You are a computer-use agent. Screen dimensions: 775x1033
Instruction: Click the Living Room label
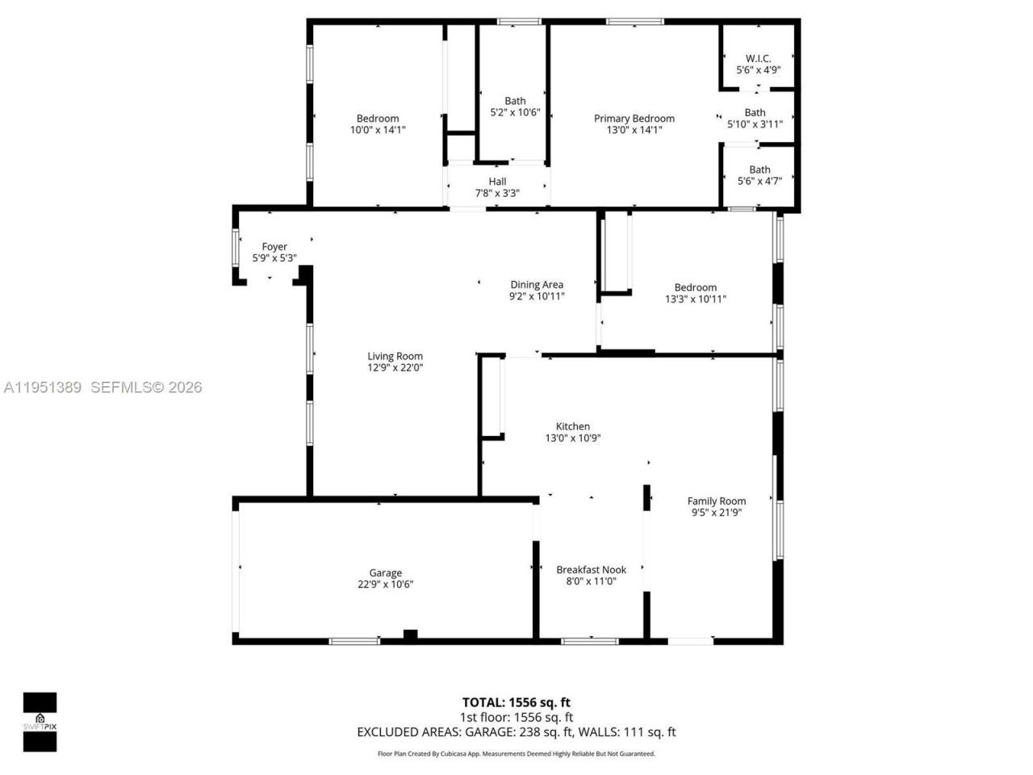395,356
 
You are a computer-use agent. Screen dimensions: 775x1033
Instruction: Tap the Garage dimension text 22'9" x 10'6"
386,584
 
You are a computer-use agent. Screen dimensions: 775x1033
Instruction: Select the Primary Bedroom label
634,119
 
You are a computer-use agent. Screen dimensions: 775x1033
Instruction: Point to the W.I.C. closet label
758,59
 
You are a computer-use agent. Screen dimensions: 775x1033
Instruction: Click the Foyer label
274,247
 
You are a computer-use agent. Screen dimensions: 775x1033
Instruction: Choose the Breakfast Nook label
591,570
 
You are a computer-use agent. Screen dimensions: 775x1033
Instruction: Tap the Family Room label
716,501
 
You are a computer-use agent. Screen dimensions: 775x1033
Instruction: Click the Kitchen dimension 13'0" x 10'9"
573,438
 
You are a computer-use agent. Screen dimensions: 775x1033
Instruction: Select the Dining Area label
537,285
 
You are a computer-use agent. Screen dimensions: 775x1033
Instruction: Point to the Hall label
497,182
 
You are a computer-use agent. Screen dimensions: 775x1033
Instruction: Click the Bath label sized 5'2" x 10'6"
515,102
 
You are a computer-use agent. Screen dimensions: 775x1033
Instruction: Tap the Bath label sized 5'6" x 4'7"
759,170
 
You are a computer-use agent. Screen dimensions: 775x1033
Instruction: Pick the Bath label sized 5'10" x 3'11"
755,113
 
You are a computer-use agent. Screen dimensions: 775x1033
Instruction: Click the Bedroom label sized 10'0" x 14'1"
378,119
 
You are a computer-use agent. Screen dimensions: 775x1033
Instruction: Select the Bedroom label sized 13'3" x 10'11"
695,287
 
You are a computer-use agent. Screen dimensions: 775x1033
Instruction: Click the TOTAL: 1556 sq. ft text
516,702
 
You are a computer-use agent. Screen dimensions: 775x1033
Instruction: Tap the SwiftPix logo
40,722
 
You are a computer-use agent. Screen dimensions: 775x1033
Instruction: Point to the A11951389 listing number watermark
43,387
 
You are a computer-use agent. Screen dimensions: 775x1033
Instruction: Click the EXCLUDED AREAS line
516,732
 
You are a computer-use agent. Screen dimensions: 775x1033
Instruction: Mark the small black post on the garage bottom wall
410,635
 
